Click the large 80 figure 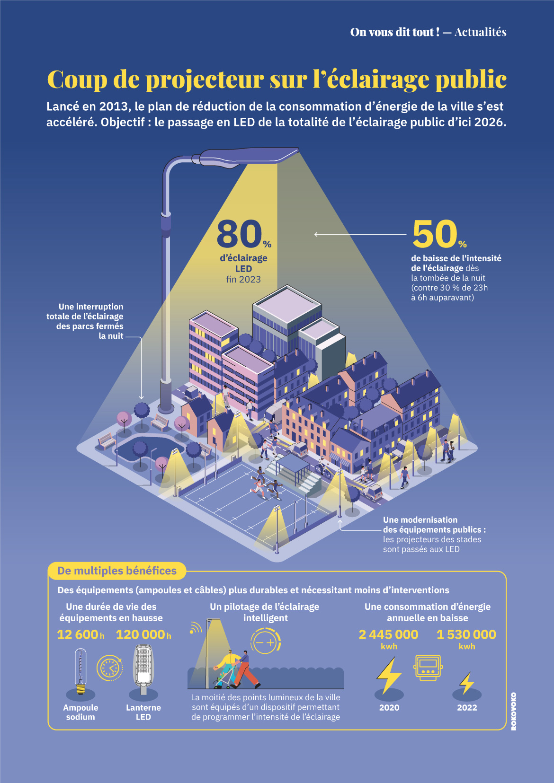pyautogui.click(x=239, y=234)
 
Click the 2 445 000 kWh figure pyautogui.click(x=388, y=634)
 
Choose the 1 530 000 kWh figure pyautogui.click(x=466, y=634)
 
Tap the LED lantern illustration pyautogui.click(x=143, y=667)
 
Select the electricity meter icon pyautogui.click(x=428, y=668)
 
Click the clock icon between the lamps pyautogui.click(x=110, y=668)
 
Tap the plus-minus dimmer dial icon pyautogui.click(x=265, y=642)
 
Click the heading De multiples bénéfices pyautogui.click(x=116, y=571)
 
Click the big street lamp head pyautogui.click(x=249, y=156)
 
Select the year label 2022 pyautogui.click(x=467, y=708)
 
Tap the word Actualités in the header pyautogui.click(x=480, y=32)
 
